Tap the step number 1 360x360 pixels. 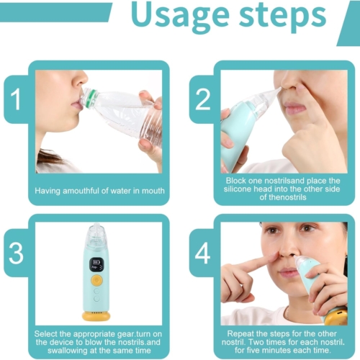16,99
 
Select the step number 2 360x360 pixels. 203,99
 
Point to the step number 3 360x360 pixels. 16,253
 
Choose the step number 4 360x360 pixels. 202,253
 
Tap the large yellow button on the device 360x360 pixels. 96,280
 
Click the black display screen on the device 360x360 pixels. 96,265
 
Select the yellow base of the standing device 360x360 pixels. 96,315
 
